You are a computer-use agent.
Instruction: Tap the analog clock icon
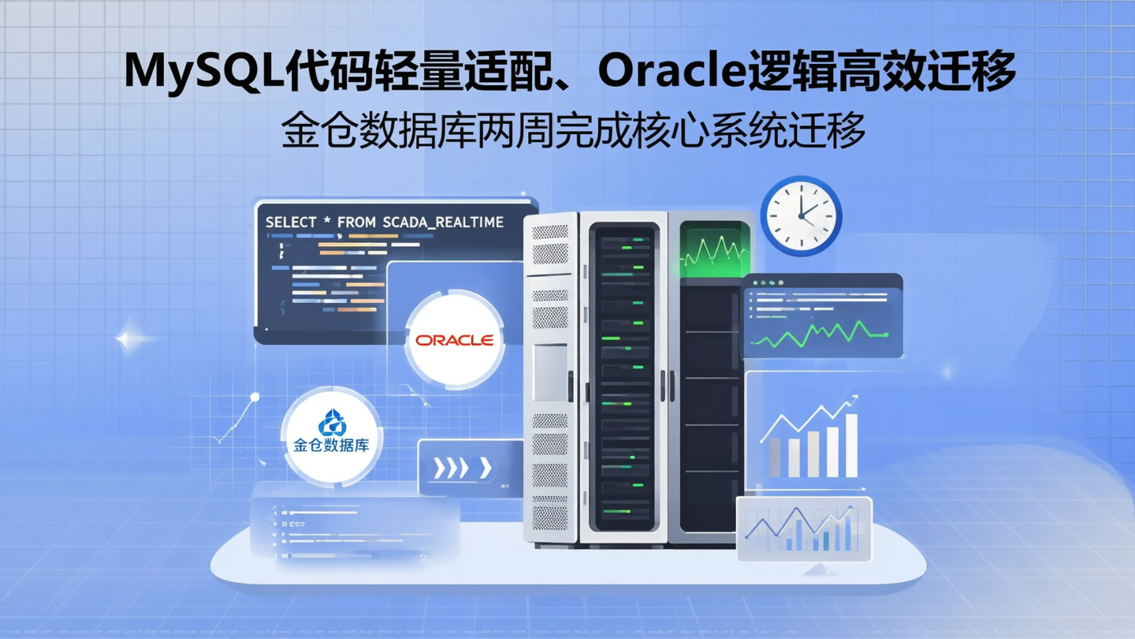point(801,215)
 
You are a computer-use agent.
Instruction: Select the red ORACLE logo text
point(455,340)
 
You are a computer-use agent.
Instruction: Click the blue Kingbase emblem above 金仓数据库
point(331,423)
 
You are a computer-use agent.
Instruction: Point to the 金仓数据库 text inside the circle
point(331,446)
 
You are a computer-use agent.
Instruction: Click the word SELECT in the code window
point(291,222)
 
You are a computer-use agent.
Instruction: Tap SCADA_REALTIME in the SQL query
point(443,222)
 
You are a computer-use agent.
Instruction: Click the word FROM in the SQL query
point(356,222)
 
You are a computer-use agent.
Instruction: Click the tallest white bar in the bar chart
point(851,446)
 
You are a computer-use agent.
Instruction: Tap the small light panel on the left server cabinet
point(549,371)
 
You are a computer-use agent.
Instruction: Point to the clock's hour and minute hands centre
point(800,215)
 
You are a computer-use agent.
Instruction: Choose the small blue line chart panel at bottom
point(803,529)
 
